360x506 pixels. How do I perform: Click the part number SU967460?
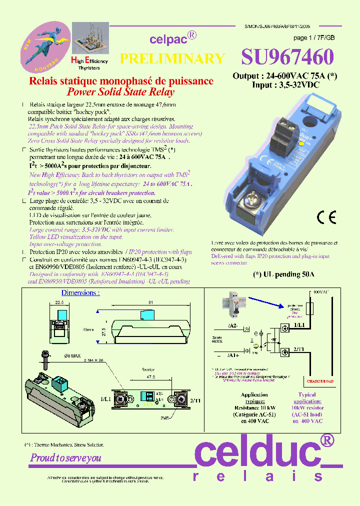click(287, 58)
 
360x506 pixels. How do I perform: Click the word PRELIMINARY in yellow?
click(172, 59)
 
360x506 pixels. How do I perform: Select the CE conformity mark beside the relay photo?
click(326, 217)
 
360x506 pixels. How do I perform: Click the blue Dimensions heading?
click(80, 292)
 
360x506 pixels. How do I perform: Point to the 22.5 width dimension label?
click(59, 302)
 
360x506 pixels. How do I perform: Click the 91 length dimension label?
click(151, 301)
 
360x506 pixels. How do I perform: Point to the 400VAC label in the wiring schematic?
click(320, 291)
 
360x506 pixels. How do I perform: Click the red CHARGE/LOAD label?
click(320, 381)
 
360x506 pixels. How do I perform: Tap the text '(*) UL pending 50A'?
click(284, 274)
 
